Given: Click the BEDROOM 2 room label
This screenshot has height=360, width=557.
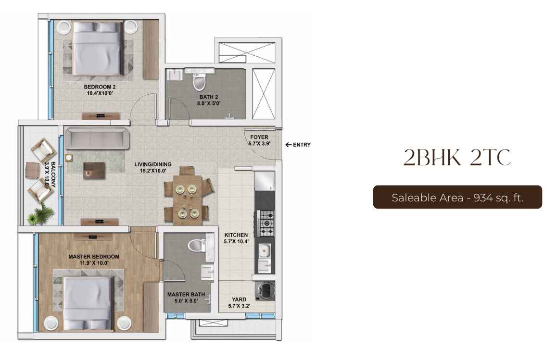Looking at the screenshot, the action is coord(100,87).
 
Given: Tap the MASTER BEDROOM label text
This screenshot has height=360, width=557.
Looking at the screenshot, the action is coord(94,256).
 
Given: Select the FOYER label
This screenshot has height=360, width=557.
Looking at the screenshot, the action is coord(259,137).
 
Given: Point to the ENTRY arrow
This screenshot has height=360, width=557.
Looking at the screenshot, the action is coord(289,145).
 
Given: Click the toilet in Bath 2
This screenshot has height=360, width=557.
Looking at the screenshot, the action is coord(199,80).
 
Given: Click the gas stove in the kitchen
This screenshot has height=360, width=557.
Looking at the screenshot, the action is coord(265,223).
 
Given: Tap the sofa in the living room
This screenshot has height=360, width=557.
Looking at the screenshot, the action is coord(97,138).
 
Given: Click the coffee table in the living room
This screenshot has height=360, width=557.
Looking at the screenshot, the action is coord(94,171).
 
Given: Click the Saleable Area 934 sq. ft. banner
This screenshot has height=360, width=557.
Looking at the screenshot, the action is coord(457,197).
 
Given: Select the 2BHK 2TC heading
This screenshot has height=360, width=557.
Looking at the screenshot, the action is coord(457,158).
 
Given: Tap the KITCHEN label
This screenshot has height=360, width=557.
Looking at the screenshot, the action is coord(236,235).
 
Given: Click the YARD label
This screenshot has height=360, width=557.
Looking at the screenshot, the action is coord(239,299).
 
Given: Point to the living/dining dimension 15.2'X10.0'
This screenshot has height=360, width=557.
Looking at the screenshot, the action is coord(153,171).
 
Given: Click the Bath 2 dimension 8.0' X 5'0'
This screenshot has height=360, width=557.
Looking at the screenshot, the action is coord(209,104).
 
